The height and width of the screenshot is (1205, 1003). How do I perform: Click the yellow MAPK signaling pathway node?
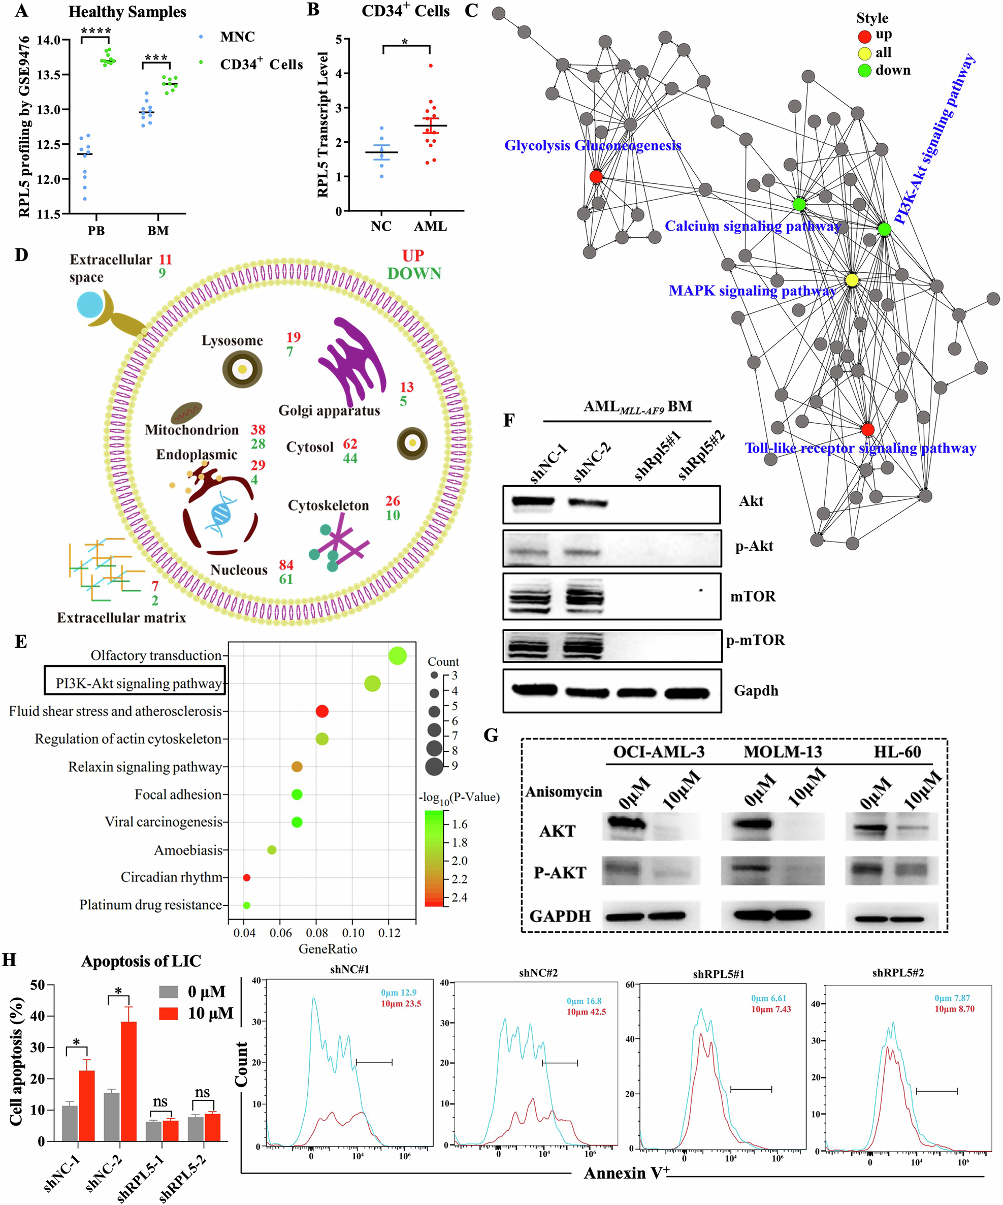tap(852, 279)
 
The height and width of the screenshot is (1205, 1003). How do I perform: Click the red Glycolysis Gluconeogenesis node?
tap(596, 176)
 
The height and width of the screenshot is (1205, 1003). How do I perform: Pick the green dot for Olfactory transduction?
tap(398, 655)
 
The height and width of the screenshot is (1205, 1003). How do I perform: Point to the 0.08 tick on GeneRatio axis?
tap(316, 932)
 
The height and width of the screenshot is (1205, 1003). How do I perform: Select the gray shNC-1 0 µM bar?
tap(70, 1122)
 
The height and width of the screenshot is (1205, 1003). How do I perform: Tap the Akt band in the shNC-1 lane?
tap(533, 501)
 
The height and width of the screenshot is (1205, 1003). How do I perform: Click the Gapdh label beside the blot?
tap(756, 690)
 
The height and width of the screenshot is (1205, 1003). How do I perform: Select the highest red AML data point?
tap(431, 66)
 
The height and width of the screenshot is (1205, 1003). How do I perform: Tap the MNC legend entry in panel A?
tap(237, 37)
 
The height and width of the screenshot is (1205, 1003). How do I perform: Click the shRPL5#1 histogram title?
tap(718, 974)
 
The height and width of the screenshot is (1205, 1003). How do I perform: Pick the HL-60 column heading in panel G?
tap(897, 752)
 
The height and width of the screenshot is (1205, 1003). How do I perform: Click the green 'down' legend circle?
tap(864, 71)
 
